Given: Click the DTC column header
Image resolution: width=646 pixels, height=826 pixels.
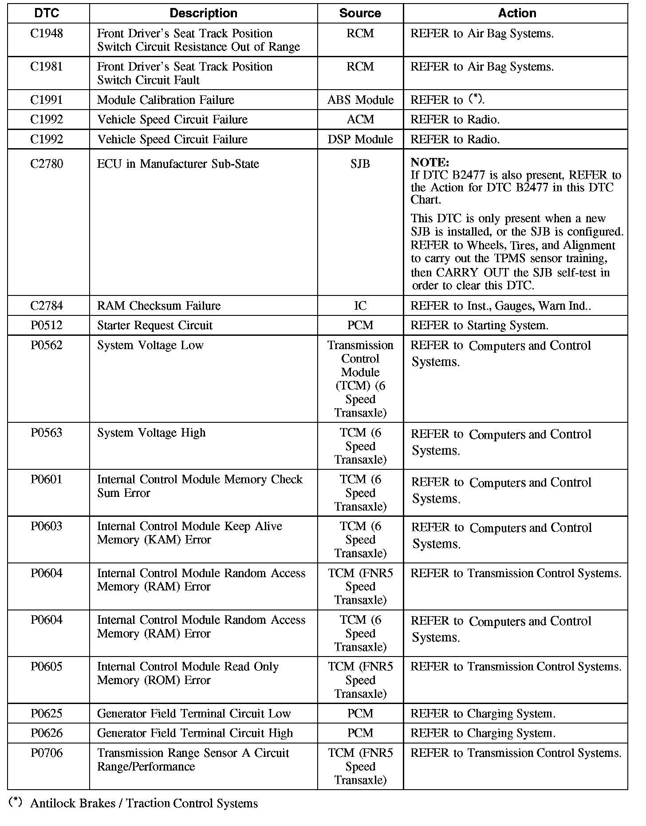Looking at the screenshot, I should pos(47,13).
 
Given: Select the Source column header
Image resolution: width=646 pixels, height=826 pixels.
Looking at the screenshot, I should pos(360,13).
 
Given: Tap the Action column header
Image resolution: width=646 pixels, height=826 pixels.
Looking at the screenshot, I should pos(517,13).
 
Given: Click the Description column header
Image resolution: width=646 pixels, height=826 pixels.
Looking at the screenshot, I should pos(203,13).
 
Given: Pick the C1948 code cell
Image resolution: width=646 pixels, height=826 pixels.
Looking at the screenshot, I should pos(47,34).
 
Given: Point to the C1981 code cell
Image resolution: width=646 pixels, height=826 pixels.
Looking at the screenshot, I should pos(47,67).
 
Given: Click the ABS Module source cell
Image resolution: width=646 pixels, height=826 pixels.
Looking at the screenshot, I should pos(360,100).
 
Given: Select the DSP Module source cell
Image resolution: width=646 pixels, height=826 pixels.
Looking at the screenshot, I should pos(360,140).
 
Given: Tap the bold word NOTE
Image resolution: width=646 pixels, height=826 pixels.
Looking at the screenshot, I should pos(430,162).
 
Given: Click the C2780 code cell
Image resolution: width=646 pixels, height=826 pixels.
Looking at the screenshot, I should pos(47,164).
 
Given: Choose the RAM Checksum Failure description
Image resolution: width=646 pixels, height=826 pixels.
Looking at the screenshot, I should pos(159,306).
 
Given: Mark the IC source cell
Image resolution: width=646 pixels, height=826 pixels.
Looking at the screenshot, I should pos(360,306).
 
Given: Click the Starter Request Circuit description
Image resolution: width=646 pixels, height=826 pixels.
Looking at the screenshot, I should pos(155,326).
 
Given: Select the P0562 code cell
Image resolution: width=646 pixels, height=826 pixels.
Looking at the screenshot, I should pos(47,346).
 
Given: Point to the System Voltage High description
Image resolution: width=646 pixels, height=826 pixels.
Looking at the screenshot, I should pos(151,433).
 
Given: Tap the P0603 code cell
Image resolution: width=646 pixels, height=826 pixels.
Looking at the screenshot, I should pos(47,527).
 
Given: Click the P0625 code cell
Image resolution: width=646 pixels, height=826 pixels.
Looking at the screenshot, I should pos(47,714).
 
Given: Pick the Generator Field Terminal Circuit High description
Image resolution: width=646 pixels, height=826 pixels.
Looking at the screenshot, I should pos(195,733).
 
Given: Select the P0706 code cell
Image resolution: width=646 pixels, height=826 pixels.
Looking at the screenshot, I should pos(47,753).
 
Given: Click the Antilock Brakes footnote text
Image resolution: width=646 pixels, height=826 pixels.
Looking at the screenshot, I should pos(144,803).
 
